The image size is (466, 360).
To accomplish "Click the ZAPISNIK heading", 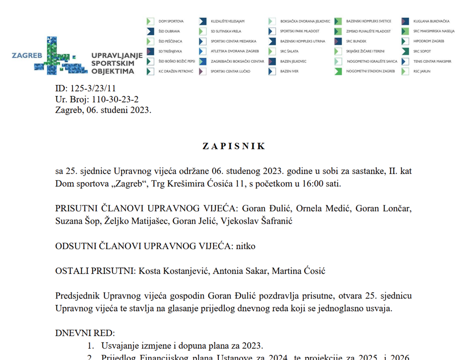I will (x=234, y=146).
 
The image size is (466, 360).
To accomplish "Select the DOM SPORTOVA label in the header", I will (x=171, y=22).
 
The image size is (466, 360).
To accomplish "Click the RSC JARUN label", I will (x=422, y=72).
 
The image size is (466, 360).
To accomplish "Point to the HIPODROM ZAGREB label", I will (x=428, y=42).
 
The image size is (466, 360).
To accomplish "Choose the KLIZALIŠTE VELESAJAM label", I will (x=228, y=22).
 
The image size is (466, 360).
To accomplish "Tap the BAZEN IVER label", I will (x=289, y=72).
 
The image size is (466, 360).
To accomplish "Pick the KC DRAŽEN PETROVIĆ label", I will (x=175, y=72).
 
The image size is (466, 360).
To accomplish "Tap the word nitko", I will (x=246, y=246).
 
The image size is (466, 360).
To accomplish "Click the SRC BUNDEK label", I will (x=356, y=42).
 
